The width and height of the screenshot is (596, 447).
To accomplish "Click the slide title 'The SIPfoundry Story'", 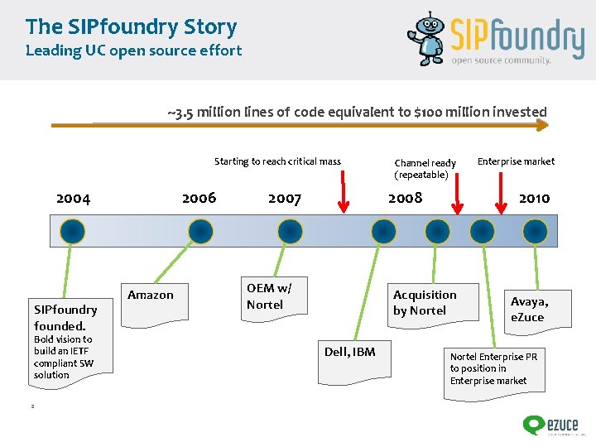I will pyautogui.click(x=131, y=26).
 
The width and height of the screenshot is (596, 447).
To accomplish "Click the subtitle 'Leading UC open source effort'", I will pyautogui.click(x=133, y=50).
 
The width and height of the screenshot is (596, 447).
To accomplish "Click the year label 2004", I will pyautogui.click(x=73, y=198).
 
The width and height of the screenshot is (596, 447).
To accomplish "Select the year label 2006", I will pyautogui.click(x=199, y=197).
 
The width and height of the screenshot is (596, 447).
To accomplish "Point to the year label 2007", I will pyautogui.click(x=285, y=198).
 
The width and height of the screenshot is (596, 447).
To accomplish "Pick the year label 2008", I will pyautogui.click(x=406, y=197).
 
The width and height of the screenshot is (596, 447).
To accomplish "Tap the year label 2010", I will pyautogui.click(x=534, y=198).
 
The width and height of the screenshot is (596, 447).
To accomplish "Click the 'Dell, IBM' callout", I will pyautogui.click(x=349, y=353).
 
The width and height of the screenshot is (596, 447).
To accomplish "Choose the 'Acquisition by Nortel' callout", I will pyautogui.click(x=425, y=302).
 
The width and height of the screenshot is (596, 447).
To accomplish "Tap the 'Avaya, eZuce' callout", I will pyautogui.click(x=529, y=309).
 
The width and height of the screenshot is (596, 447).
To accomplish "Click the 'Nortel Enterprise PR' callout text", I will pyautogui.click(x=493, y=368).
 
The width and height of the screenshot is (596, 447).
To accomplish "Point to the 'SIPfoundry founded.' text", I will pyautogui.click(x=65, y=317).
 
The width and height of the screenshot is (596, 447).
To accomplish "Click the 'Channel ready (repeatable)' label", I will pyautogui.click(x=425, y=169).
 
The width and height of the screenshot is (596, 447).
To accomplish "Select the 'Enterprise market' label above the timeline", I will pyautogui.click(x=516, y=161).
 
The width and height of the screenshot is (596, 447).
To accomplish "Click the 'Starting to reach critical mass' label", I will pyautogui.click(x=277, y=161).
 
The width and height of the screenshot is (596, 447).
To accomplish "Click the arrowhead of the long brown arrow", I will pyautogui.click(x=542, y=126).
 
